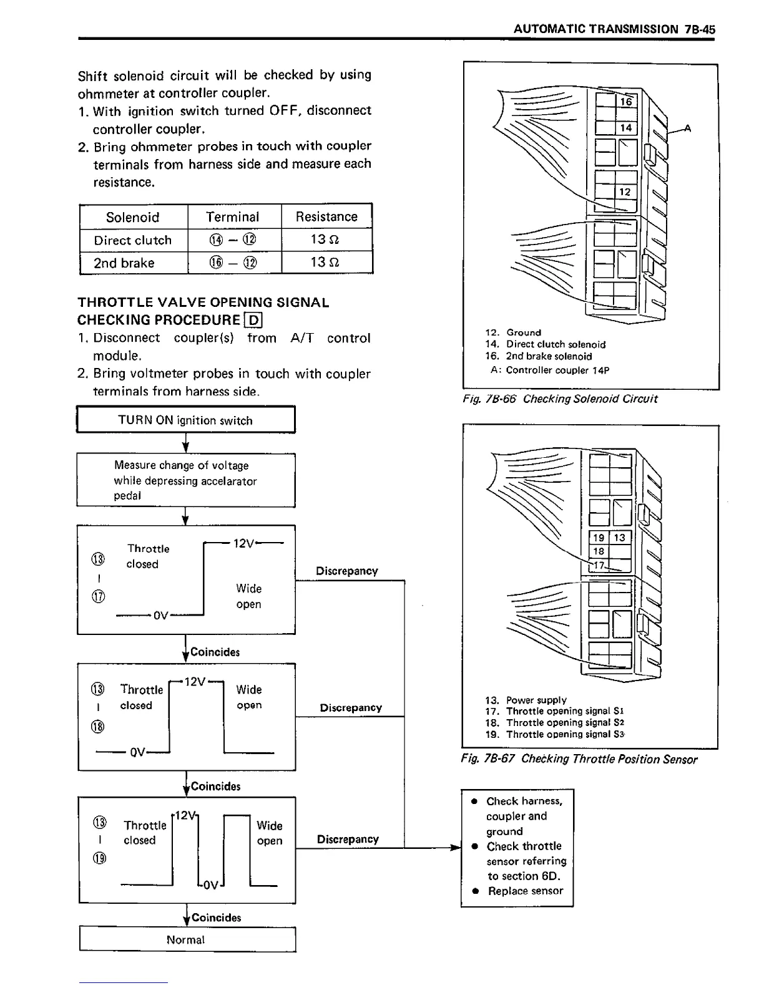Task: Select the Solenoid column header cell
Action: [x=133, y=217]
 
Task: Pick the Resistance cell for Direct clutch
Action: [x=326, y=240]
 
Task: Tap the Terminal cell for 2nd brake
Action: [x=233, y=263]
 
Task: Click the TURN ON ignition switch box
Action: [x=185, y=420]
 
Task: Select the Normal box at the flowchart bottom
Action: [x=186, y=939]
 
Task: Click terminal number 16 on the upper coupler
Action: [x=626, y=102]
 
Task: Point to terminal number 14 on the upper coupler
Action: [x=625, y=128]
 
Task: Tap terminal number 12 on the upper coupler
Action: [x=625, y=192]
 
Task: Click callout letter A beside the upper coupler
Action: [x=688, y=129]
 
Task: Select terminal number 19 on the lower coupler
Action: [x=599, y=538]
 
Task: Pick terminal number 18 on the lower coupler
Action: [x=599, y=551]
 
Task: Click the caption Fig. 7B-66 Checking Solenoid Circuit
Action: [x=560, y=399]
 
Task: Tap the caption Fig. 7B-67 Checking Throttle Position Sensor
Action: [x=579, y=759]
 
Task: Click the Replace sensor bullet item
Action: [x=525, y=891]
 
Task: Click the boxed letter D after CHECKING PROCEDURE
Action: [x=253, y=321]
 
